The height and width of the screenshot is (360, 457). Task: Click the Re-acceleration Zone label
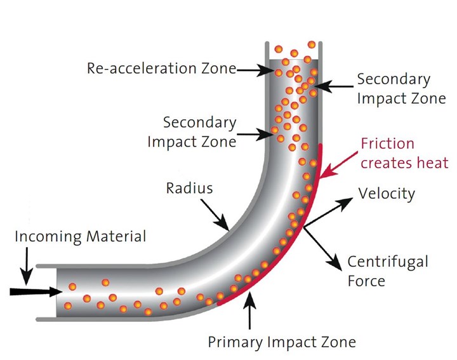point(162,69)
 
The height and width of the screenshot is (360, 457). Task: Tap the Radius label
point(189,188)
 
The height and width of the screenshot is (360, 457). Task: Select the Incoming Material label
point(81,236)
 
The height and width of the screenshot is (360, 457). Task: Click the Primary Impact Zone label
point(282,342)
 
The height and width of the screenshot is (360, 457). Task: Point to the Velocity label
point(387,194)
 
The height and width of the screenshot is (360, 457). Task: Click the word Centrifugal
point(388,262)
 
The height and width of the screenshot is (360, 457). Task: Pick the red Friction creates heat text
point(404,153)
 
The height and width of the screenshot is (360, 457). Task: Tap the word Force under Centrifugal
point(366,281)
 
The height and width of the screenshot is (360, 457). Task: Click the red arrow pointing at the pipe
point(338,164)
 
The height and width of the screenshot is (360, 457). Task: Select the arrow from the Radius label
point(215,215)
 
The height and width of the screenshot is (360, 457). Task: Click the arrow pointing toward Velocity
point(329,212)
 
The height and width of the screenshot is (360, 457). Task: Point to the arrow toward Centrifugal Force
point(322,249)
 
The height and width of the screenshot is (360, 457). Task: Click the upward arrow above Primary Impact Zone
point(249,310)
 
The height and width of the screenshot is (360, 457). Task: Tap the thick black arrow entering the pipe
point(36,291)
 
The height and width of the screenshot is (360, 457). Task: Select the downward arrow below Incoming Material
point(27,266)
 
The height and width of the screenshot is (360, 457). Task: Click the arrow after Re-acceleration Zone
point(255,70)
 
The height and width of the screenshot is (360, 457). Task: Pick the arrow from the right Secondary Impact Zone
point(334,86)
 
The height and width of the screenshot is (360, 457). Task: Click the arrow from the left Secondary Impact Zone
point(255,135)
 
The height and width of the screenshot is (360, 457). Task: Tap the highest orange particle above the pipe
point(312,45)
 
